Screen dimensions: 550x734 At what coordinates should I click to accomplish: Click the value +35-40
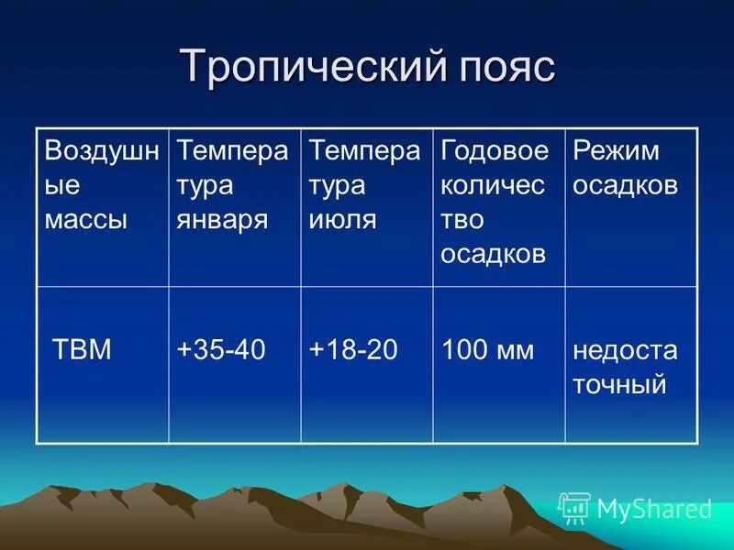pyautogui.click(x=221, y=350)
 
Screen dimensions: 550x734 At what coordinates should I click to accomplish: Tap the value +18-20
pyautogui.click(x=353, y=350)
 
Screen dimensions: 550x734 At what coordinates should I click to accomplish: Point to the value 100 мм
pyautogui.click(x=487, y=350)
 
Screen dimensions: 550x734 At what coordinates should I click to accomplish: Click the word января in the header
pyautogui.click(x=222, y=220)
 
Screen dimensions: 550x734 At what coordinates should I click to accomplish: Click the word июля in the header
pyautogui.click(x=342, y=220)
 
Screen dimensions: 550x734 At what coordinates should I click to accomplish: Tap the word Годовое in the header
pyautogui.click(x=495, y=150)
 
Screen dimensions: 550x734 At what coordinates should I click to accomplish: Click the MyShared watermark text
pyautogui.click(x=654, y=509)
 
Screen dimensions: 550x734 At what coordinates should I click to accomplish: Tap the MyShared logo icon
pyautogui.click(x=574, y=508)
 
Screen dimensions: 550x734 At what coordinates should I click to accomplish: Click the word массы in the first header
pyautogui.click(x=85, y=220)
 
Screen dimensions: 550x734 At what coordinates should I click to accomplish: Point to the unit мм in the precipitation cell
pyautogui.click(x=515, y=350)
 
